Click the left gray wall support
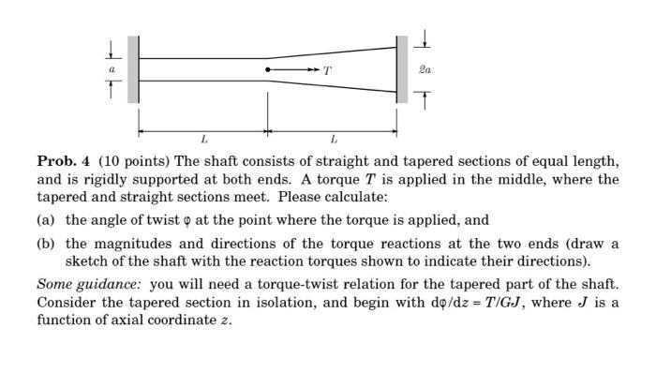point(133,69)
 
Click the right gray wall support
point(402,69)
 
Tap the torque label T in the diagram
point(326,70)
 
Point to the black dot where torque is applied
point(268,69)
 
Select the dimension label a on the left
point(112,69)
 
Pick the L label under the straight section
point(203,141)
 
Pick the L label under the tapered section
point(333,141)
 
